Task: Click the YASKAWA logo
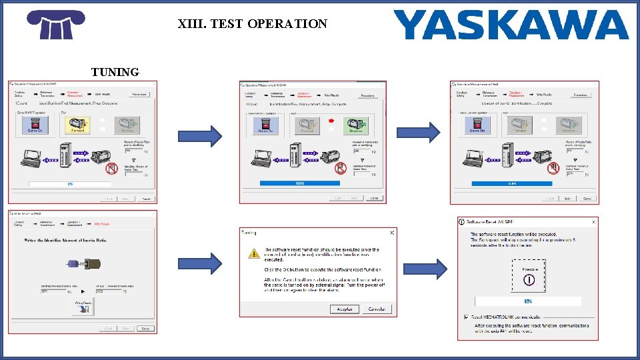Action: click(x=511, y=25)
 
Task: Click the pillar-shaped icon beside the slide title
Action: click(x=56, y=25)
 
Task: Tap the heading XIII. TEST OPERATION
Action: click(x=253, y=24)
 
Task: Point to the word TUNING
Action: click(x=115, y=72)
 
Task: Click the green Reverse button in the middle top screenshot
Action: click(x=355, y=125)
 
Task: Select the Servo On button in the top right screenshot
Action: click(x=477, y=125)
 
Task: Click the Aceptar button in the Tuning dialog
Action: click(x=345, y=309)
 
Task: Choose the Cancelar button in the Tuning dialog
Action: click(x=377, y=309)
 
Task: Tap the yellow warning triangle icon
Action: click(x=254, y=253)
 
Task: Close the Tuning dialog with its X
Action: click(x=392, y=233)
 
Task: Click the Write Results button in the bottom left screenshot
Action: click(x=83, y=307)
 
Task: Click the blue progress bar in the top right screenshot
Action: click(x=511, y=183)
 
